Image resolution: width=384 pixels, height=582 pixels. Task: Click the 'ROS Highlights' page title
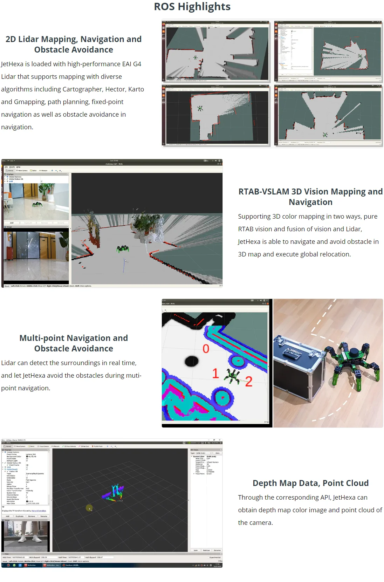click(192, 7)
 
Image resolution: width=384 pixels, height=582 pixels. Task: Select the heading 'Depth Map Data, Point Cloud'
click(310, 483)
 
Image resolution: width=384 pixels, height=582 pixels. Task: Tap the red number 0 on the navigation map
click(206, 349)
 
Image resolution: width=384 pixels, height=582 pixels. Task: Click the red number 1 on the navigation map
click(215, 374)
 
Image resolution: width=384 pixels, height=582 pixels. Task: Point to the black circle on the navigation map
click(191, 361)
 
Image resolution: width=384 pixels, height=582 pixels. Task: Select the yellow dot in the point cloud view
click(89, 508)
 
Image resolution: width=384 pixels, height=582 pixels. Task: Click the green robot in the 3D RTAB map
click(123, 249)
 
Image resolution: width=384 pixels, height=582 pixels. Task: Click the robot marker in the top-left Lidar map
click(196, 57)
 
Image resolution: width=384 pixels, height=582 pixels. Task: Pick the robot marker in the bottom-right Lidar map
click(325, 135)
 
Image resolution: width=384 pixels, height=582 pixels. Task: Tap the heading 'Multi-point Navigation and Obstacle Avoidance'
click(74, 343)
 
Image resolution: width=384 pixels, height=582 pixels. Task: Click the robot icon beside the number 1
click(232, 375)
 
